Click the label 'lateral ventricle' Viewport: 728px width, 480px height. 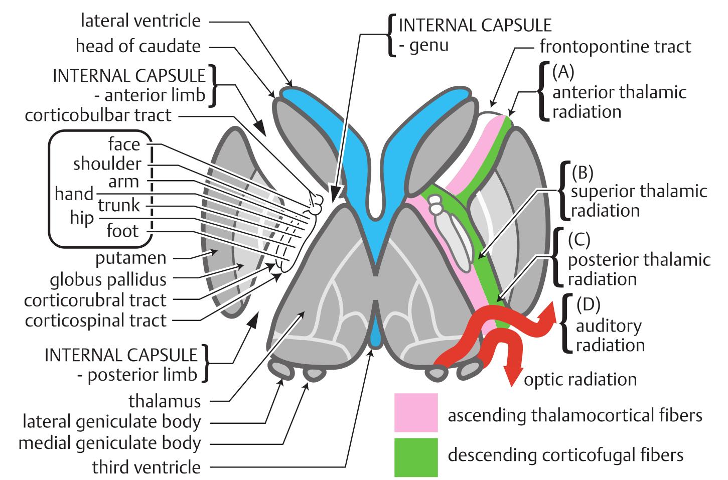[x=140, y=21]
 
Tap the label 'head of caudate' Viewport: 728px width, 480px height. [x=138, y=46]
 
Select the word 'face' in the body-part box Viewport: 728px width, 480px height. [x=124, y=144]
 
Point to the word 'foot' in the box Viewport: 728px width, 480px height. [x=122, y=231]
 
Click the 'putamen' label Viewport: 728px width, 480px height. [x=131, y=258]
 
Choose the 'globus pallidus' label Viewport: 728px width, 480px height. [x=108, y=279]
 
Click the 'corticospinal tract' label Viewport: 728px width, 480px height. [x=95, y=320]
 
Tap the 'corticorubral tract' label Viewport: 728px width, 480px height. [x=95, y=300]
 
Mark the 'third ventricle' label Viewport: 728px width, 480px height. [x=147, y=467]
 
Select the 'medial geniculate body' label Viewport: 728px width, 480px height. [x=109, y=443]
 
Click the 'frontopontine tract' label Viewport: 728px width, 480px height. [x=615, y=47]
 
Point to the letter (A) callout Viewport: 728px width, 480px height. [x=562, y=72]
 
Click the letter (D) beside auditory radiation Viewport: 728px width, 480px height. [x=589, y=304]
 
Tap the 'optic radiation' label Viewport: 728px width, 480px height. [x=580, y=379]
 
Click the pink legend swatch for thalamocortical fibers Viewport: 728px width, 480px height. [x=416, y=412]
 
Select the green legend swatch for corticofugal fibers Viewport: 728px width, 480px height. [x=416, y=456]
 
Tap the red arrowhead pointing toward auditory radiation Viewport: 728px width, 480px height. [x=550, y=313]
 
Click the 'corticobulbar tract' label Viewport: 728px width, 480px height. [x=98, y=115]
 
